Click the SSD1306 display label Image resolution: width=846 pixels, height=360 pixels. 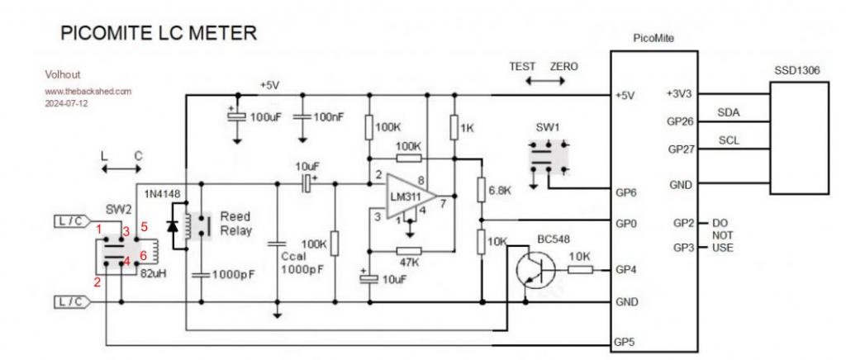[x=796, y=71]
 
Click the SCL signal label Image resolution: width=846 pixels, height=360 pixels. [x=728, y=140]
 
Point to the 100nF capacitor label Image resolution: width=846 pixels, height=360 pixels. [x=328, y=117]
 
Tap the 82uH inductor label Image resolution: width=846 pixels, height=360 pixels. [x=154, y=273]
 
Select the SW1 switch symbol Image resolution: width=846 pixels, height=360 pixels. [x=547, y=156]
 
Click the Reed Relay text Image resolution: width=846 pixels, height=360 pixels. [x=235, y=223]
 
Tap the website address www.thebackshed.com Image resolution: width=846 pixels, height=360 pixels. [x=88, y=91]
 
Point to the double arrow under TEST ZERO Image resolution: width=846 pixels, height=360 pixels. [x=544, y=83]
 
